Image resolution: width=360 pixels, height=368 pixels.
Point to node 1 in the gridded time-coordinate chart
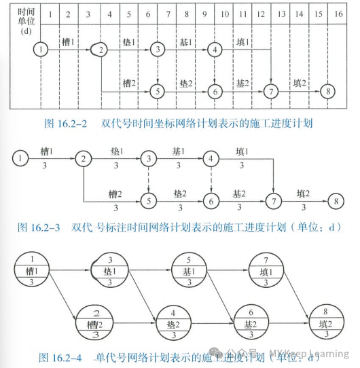coord(42,50)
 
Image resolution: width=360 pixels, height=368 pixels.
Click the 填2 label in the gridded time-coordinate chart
coord(300,83)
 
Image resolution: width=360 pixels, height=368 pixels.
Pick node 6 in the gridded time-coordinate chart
coord(215,91)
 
